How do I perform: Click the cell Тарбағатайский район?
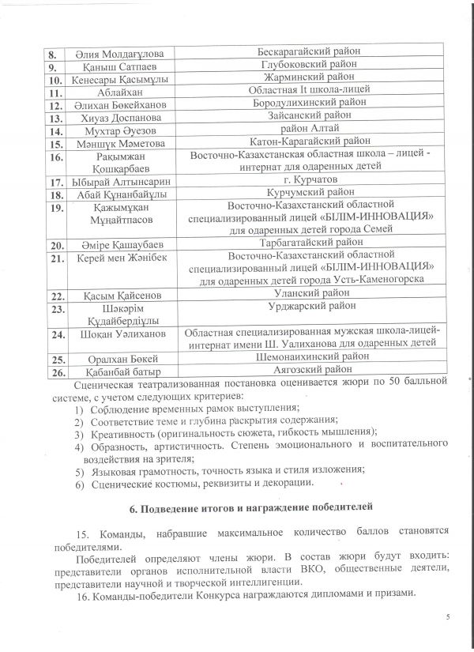(x=309, y=242)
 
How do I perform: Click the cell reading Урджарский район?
(x=309, y=308)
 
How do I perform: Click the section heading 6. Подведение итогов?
(x=237, y=506)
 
